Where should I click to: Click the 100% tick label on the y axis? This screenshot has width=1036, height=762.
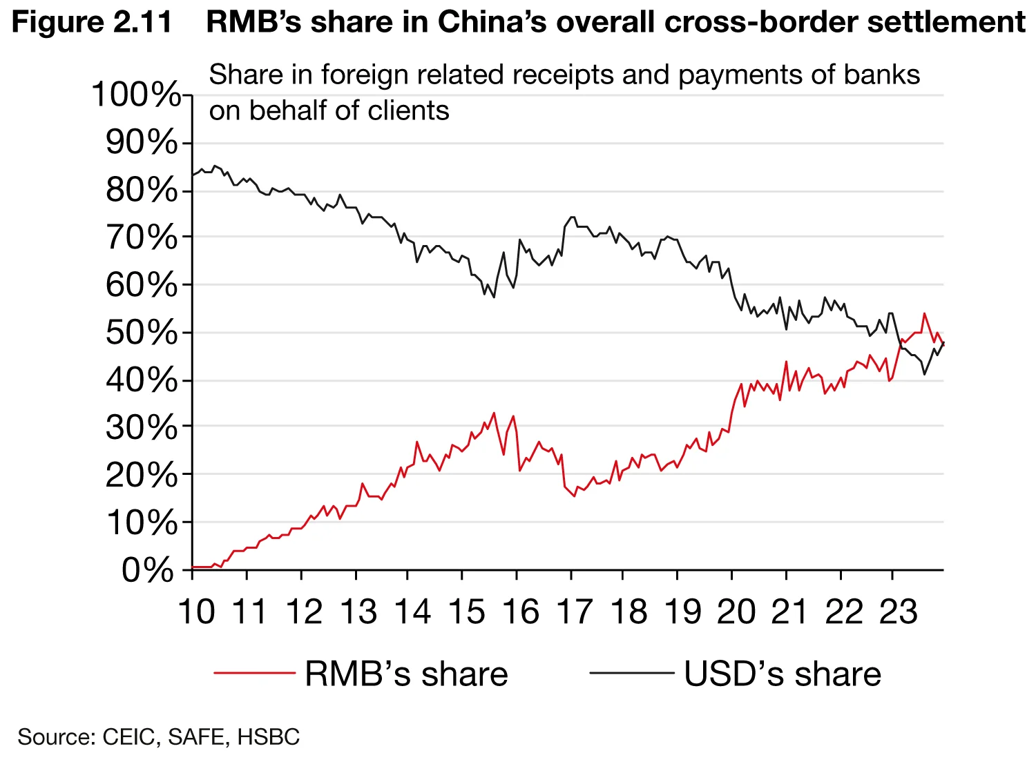(x=136, y=95)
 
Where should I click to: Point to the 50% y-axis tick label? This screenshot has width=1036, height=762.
(x=142, y=333)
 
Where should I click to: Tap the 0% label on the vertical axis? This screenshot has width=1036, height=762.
(x=148, y=570)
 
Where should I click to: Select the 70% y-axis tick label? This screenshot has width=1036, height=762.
(x=142, y=237)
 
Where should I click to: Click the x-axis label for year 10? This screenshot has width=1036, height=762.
(x=197, y=612)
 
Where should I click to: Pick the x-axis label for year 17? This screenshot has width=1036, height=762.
(x=575, y=612)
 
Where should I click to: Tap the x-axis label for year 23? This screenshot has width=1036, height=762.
(x=898, y=612)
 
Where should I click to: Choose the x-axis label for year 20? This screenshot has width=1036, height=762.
(x=736, y=612)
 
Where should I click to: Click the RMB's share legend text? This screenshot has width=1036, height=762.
(x=406, y=674)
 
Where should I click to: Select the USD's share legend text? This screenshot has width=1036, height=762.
(x=783, y=674)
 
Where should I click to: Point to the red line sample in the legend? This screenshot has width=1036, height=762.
(x=255, y=672)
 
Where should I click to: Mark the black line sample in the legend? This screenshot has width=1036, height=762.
(x=631, y=672)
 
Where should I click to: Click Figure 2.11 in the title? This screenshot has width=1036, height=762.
(x=92, y=22)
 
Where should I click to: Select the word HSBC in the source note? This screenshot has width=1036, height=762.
(x=269, y=737)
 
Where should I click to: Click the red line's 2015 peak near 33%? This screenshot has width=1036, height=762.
(x=494, y=413)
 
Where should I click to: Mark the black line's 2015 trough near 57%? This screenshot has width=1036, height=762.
(x=494, y=297)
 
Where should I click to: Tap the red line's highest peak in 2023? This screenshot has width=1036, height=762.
(x=924, y=313)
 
